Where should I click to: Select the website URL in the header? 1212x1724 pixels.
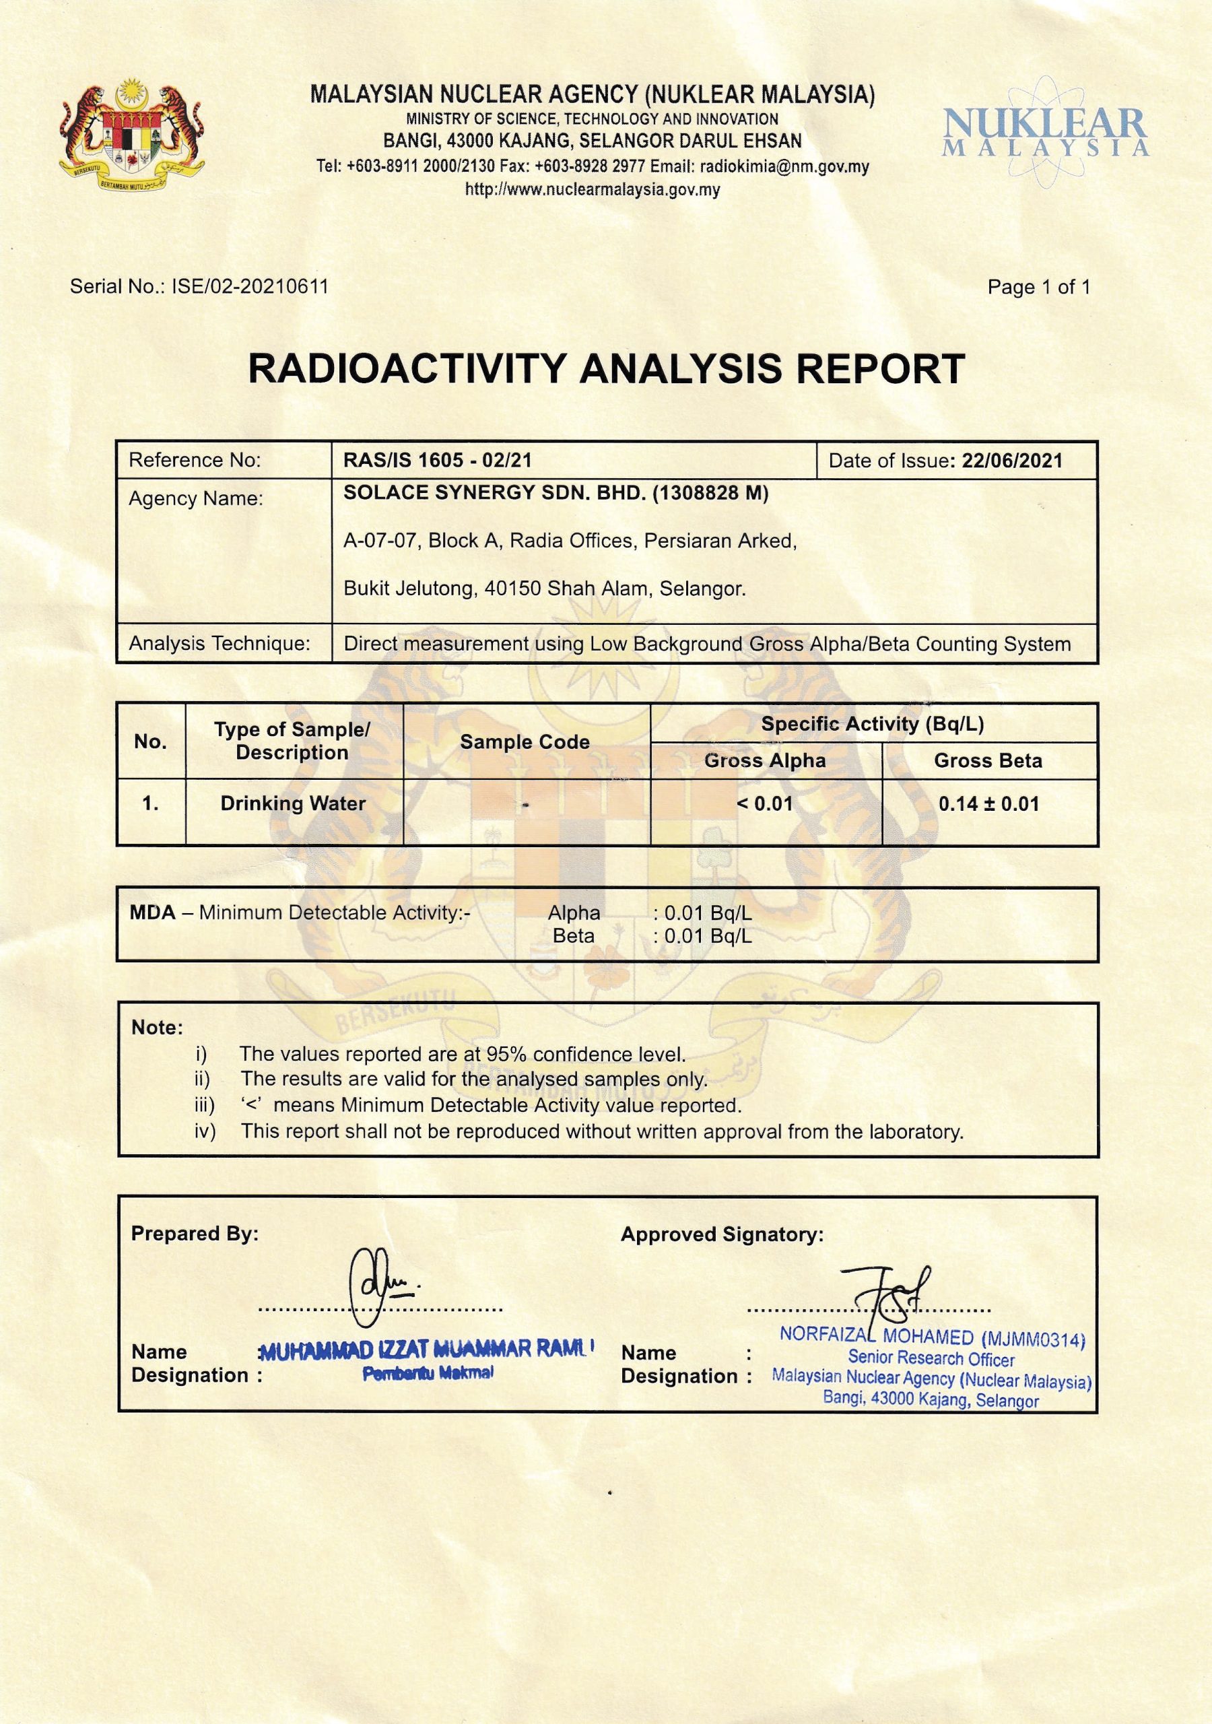[x=593, y=190]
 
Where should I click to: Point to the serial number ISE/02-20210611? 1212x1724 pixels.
[x=250, y=286]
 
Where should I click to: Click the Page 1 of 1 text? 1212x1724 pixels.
[x=1038, y=287]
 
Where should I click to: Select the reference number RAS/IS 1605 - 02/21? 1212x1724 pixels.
[x=438, y=460]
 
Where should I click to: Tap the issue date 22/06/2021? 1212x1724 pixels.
[x=1011, y=461]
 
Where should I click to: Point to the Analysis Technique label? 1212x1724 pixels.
[x=220, y=644]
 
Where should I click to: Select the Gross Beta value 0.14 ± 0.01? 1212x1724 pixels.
[x=988, y=804]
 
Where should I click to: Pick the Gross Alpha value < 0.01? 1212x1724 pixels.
[x=764, y=804]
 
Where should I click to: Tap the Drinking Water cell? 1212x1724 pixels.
[x=293, y=803]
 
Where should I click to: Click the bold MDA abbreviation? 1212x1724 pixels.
[x=152, y=913]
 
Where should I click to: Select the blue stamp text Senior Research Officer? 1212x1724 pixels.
[x=931, y=1358]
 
